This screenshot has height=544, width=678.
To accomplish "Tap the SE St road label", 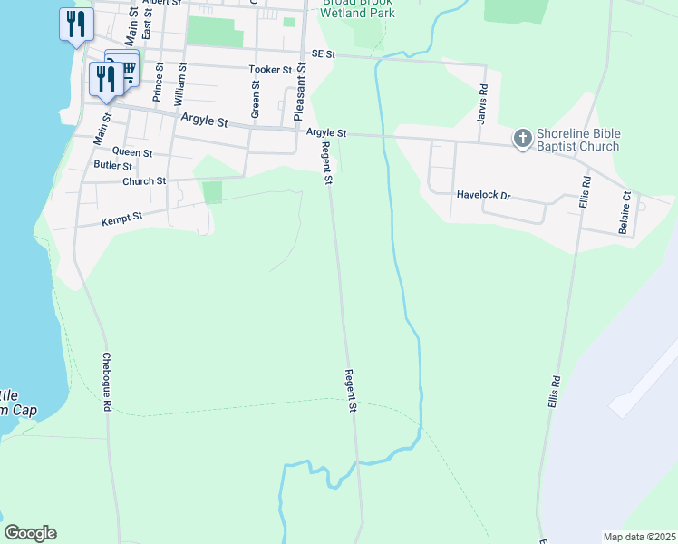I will click(323, 54).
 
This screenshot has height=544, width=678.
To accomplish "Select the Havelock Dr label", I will click(483, 194).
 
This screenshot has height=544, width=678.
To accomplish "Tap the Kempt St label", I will click(121, 219).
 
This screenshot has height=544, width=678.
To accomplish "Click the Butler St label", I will click(113, 165).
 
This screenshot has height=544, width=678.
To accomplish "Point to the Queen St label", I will click(132, 152).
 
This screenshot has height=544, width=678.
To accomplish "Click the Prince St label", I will click(159, 83).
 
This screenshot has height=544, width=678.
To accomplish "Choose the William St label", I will click(181, 87).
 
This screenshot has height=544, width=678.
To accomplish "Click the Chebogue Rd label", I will click(106, 383).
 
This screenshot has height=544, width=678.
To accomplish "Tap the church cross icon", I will click(522, 139).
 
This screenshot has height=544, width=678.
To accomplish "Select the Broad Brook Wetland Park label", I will click(359, 9).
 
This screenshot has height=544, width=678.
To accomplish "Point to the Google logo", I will click(31, 533).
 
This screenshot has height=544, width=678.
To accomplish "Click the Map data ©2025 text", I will click(638, 537).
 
